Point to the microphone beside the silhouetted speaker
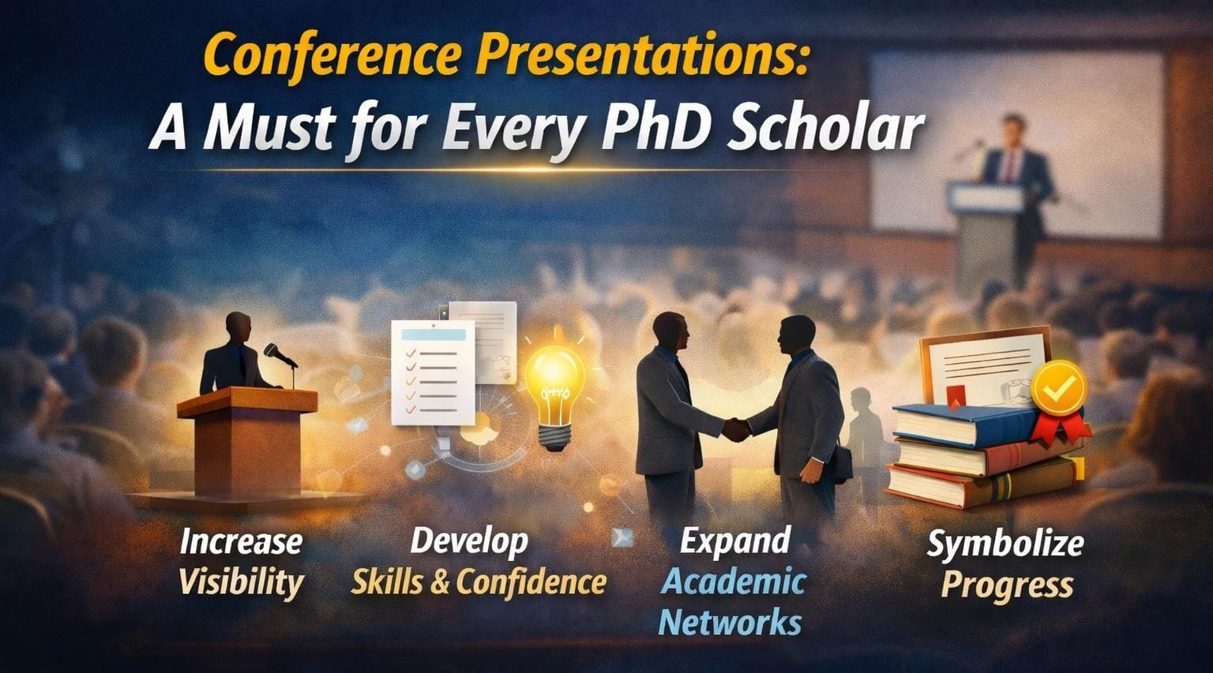pos(280,355)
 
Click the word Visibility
pos(241,582)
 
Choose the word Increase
pos(241,542)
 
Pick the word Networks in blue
pos(730,623)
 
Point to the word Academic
pos(733,581)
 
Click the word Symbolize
pos(1005,544)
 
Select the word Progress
pos(1007,585)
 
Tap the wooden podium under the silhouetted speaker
pos(247,441)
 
